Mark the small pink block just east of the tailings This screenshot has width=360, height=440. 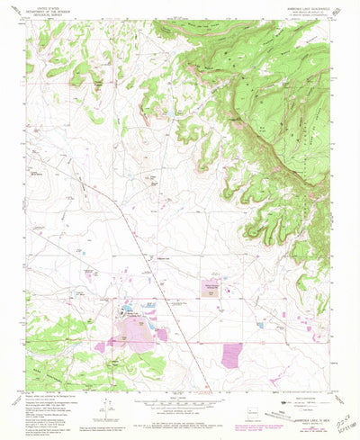pyautogui.click(x=162, y=334)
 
